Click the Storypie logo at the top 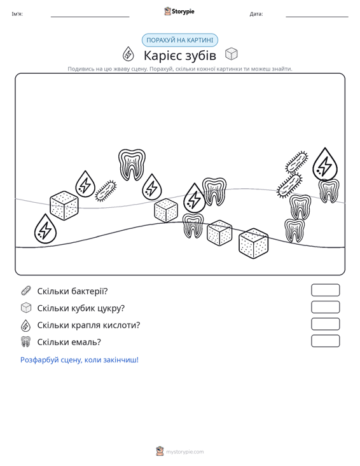coord(179,11)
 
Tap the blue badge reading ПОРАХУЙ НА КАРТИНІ coord(180,40)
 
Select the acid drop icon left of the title coord(128,54)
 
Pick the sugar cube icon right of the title coord(232,54)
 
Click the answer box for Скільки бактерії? coord(325,290)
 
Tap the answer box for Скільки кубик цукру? coord(325,307)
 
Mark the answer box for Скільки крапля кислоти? coord(325,324)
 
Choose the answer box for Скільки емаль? coord(325,341)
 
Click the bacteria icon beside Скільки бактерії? coord(26,291)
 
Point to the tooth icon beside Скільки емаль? coord(26,342)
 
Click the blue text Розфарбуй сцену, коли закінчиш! coord(80,360)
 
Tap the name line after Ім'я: coord(90,17)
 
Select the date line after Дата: coord(317,17)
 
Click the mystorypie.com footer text coord(184,452)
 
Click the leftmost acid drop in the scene coord(45,229)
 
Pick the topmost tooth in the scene coord(132,165)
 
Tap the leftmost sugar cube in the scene coord(64,205)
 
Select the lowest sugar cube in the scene coord(253,243)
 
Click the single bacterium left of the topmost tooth coord(106,191)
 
